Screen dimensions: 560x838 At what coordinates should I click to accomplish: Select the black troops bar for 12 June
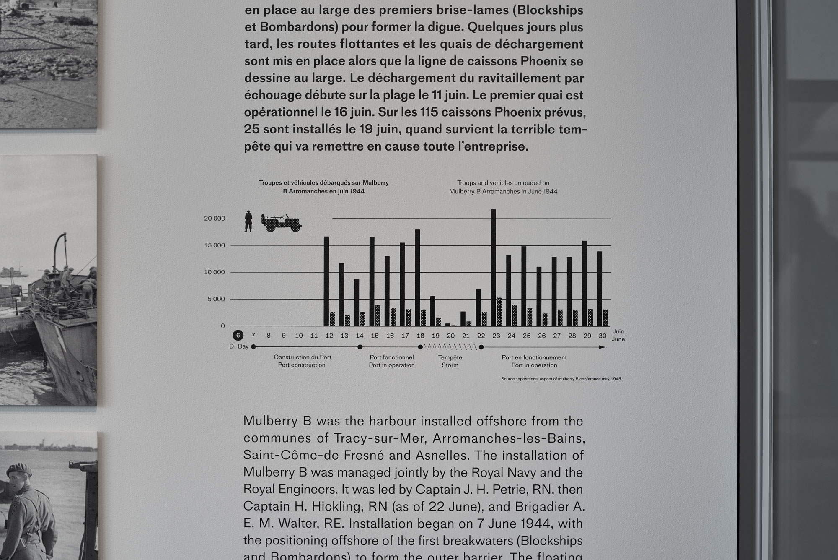pos(326,281)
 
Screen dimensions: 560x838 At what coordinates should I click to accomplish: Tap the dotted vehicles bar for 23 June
pos(499,312)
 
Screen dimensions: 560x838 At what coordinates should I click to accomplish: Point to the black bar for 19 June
pos(432,311)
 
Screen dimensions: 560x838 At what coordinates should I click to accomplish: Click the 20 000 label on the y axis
pos(215,219)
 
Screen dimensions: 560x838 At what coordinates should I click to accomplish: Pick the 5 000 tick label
pos(216,299)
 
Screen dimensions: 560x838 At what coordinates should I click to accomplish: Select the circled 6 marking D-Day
pos(238,335)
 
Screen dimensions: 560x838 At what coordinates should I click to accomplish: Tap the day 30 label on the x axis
pos(603,336)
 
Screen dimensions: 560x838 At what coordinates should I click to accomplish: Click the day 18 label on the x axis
pos(420,336)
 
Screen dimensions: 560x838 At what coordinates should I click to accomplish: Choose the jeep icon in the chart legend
pos(282,223)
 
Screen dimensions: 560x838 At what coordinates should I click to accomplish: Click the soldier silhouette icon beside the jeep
pos(248,221)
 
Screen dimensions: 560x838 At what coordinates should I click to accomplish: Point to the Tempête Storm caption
pos(450,361)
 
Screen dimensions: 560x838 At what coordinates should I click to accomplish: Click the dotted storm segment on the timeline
pos(450,347)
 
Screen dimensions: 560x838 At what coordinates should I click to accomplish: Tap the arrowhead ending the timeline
pos(603,347)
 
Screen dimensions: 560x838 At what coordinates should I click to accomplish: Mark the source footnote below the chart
pos(561,379)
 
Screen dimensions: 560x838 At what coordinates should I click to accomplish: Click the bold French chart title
pos(323,187)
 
